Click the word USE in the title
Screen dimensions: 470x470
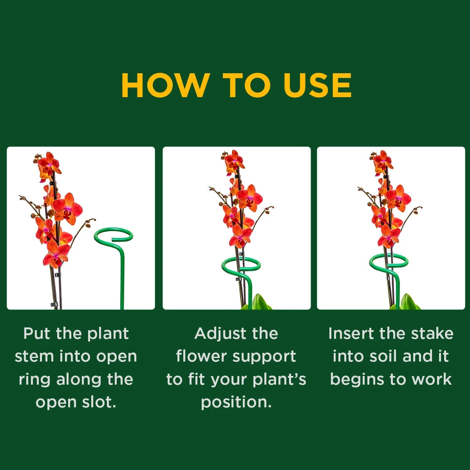tap(318, 85)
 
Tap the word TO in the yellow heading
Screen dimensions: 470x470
tap(247, 85)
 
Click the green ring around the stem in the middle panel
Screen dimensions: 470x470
tap(241, 266)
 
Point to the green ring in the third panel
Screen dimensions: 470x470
tap(389, 261)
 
